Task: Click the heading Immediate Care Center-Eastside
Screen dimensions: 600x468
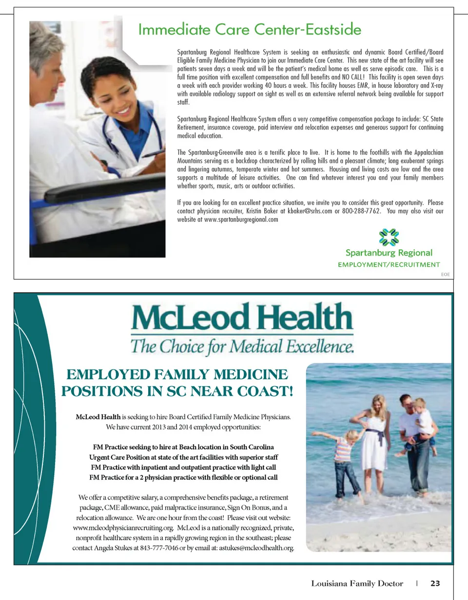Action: click(x=250, y=30)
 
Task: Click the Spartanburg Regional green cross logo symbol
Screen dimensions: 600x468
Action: click(x=389, y=238)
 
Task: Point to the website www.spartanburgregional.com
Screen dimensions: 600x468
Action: click(x=241, y=220)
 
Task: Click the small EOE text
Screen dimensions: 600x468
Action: click(x=445, y=275)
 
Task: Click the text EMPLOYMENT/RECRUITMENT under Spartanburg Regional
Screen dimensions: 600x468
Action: click(x=389, y=265)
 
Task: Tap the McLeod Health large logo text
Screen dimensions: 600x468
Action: click(x=242, y=317)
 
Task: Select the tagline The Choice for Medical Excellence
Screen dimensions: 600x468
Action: click(x=242, y=347)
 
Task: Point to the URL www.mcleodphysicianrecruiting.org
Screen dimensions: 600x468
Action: click(x=123, y=528)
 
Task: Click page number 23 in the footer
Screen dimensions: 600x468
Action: click(x=435, y=583)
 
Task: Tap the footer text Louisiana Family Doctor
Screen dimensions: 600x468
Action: click(x=357, y=583)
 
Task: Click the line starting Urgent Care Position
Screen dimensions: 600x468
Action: click(x=183, y=457)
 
